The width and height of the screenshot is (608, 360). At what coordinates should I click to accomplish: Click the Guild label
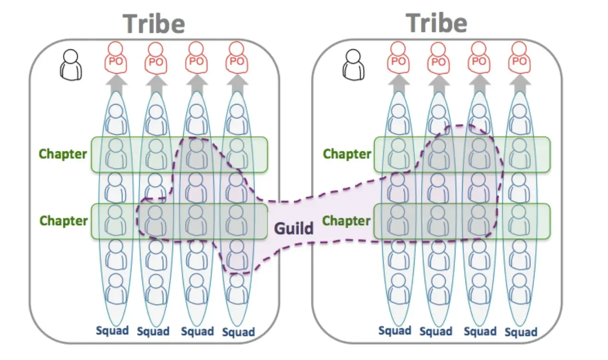(294, 228)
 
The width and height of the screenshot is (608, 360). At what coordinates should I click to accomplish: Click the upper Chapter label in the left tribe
(63, 154)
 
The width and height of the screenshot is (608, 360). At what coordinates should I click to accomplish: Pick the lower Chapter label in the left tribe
(63, 221)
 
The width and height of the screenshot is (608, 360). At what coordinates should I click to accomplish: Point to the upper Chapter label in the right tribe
(347, 154)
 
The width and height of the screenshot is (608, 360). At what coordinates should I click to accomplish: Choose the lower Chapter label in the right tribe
(347, 221)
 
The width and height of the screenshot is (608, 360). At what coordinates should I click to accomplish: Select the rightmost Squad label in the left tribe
(238, 332)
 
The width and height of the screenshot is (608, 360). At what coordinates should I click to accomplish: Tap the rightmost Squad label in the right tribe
(521, 332)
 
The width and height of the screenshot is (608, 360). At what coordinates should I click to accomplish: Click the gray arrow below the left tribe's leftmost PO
(116, 83)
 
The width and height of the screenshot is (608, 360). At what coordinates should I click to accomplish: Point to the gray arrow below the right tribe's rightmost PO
(520, 83)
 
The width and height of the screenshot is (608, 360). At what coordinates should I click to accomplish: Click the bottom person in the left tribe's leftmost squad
(116, 289)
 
